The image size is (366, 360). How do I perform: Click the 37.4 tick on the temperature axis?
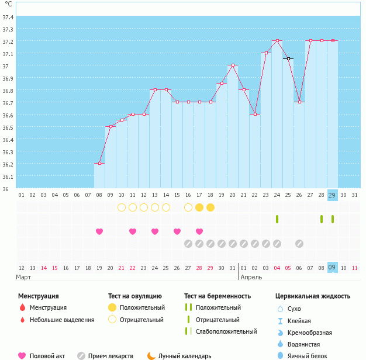pos(8,17)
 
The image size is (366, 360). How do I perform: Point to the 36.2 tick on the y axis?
pos(8,164)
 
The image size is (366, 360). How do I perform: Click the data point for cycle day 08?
pos(99,164)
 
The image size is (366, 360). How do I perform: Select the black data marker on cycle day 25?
pos(288,58)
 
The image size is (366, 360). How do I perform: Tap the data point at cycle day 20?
pos(233,65)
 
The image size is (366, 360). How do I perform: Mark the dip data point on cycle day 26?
pos(299,102)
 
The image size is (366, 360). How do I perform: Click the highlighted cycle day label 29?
pos(332,195)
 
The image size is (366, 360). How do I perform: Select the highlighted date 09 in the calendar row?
pos(332,268)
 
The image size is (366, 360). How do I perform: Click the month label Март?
pos(23,277)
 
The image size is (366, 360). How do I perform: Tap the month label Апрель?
pos(251,277)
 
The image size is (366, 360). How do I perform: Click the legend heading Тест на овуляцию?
pos(135,296)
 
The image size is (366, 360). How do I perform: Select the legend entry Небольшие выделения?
pos(62,320)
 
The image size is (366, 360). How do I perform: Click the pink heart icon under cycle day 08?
pos(99,231)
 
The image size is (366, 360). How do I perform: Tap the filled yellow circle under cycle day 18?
pos(210,207)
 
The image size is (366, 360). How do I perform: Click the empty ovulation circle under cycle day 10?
pos(122,207)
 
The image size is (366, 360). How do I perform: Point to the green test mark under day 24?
pos(277,219)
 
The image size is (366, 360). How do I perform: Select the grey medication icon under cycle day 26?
pos(299,243)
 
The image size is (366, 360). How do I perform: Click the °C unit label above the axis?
pos(8,4)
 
